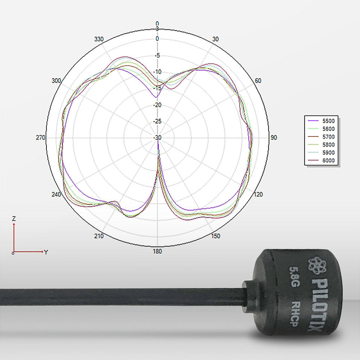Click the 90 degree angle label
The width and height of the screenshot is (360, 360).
click(274, 138)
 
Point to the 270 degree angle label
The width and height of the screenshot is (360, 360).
click(41, 138)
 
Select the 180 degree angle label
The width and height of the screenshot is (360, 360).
click(157, 251)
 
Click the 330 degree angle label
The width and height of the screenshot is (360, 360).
click(99, 39)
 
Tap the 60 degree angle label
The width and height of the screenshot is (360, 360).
click(258, 81)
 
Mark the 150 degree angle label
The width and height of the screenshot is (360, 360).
click(216, 236)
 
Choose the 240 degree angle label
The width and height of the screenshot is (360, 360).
click(57, 194)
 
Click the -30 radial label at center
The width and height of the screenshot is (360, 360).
click(157, 138)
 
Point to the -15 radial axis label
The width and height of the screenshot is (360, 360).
click(157, 88)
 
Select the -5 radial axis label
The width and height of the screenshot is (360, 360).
click(157, 55)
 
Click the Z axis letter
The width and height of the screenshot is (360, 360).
click(14, 219)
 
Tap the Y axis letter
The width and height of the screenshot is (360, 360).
click(46, 252)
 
